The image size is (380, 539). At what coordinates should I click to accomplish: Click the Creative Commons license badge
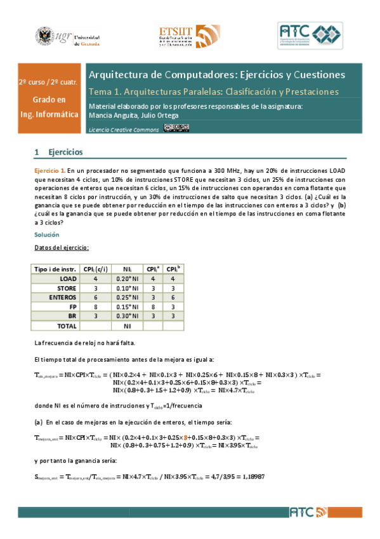(x=176, y=128)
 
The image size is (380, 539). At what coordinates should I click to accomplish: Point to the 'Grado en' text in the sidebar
(x=49, y=100)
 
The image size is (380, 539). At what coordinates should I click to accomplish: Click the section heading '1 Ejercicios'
(x=58, y=153)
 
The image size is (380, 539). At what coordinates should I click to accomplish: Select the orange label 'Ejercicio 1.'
(x=49, y=172)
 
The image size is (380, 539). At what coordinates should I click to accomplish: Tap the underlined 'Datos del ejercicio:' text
(x=62, y=248)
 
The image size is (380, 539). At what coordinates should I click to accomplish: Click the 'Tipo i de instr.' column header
(x=55, y=269)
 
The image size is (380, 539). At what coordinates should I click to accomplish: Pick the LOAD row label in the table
(x=68, y=278)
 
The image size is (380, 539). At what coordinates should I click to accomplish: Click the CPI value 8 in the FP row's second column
(x=95, y=306)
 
